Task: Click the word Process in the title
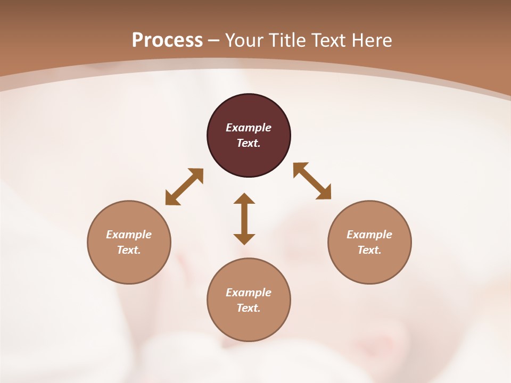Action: (167, 40)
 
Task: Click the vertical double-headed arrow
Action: (244, 219)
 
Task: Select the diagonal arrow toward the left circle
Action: (184, 187)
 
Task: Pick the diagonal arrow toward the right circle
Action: (312, 181)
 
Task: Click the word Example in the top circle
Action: (249, 128)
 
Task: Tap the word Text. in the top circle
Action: (249, 143)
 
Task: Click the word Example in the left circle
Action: (129, 235)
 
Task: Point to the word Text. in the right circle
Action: (369, 250)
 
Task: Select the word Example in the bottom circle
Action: (249, 293)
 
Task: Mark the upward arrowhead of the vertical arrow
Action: (244, 199)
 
